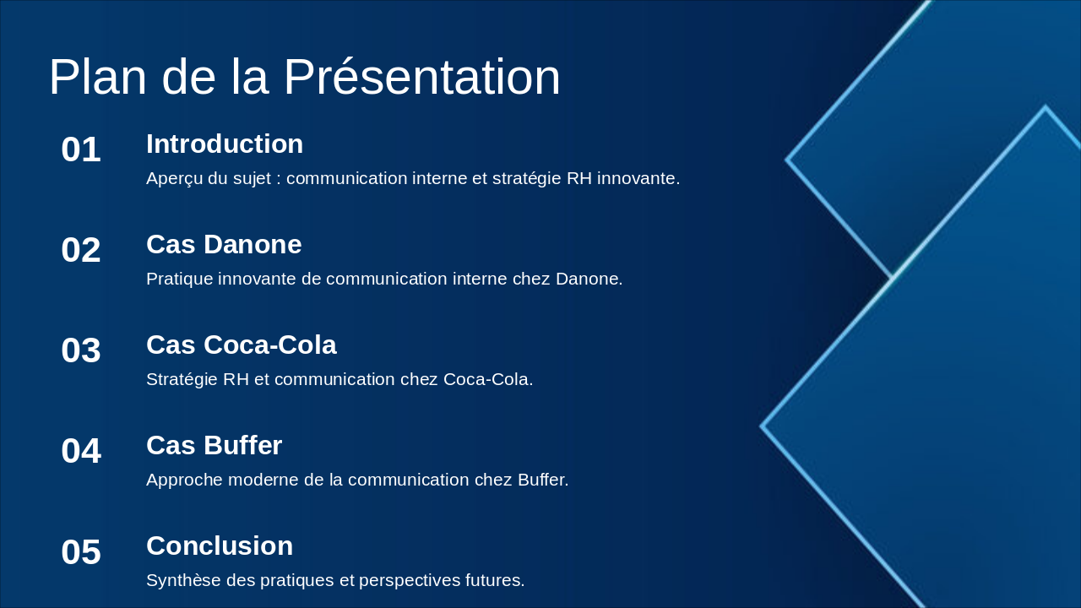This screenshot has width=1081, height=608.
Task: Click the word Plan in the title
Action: [98, 77]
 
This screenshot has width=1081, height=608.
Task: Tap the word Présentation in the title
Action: [422, 77]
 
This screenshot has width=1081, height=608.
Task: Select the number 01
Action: [81, 149]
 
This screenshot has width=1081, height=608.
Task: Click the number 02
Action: [81, 250]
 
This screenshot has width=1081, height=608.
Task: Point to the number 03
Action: [81, 350]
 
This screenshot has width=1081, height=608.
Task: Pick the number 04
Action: [81, 451]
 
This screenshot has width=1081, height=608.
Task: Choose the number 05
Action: [81, 552]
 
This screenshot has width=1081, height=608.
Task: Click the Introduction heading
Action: [225, 144]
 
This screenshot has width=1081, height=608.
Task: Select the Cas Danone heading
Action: [224, 244]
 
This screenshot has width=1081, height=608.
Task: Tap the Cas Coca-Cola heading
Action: [242, 345]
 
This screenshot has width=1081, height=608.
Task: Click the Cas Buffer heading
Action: [215, 445]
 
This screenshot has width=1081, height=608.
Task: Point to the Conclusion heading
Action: [220, 546]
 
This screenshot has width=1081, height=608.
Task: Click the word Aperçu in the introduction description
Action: [175, 178]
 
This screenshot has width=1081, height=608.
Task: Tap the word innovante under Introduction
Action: [638, 178]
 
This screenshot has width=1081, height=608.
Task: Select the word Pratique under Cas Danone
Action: [180, 279]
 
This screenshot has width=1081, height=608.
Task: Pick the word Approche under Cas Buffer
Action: [184, 480]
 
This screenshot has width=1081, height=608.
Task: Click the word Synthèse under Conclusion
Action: [184, 580]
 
